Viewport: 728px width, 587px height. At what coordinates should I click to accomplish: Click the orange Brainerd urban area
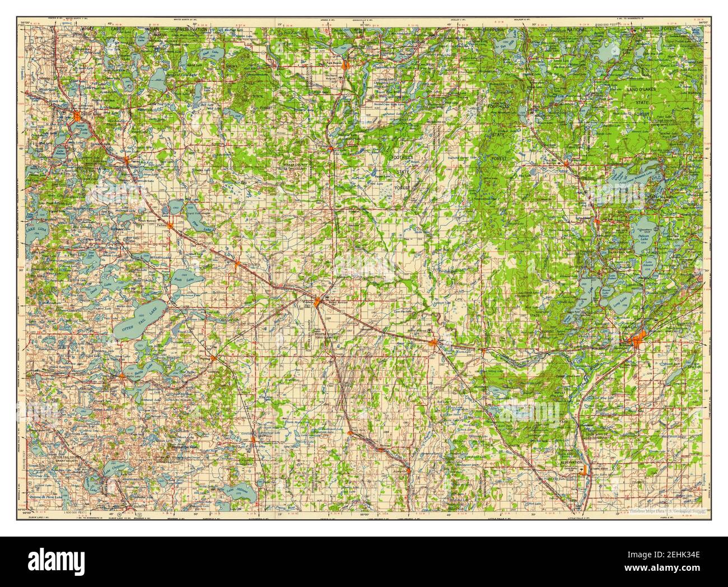[x=638, y=340]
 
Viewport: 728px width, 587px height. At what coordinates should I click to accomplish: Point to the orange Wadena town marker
[x=318, y=302]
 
